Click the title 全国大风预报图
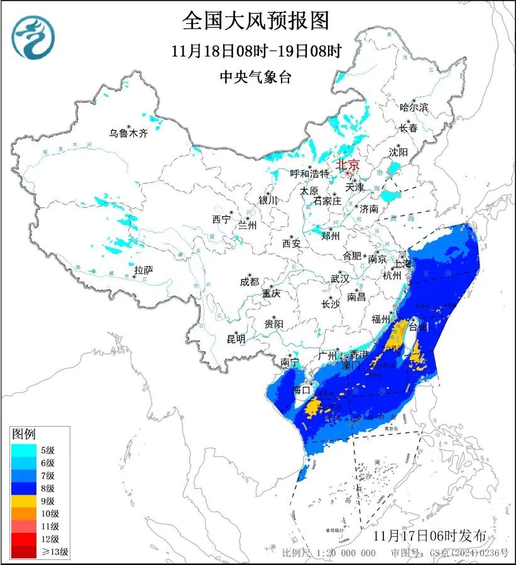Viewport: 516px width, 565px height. point(255,21)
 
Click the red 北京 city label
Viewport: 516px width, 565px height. point(347,165)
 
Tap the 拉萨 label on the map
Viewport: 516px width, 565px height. point(143,270)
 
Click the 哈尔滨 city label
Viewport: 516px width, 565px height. point(414,107)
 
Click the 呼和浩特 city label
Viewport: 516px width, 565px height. point(309,173)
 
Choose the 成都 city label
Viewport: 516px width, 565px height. point(250,282)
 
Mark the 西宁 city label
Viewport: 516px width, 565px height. point(221,219)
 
